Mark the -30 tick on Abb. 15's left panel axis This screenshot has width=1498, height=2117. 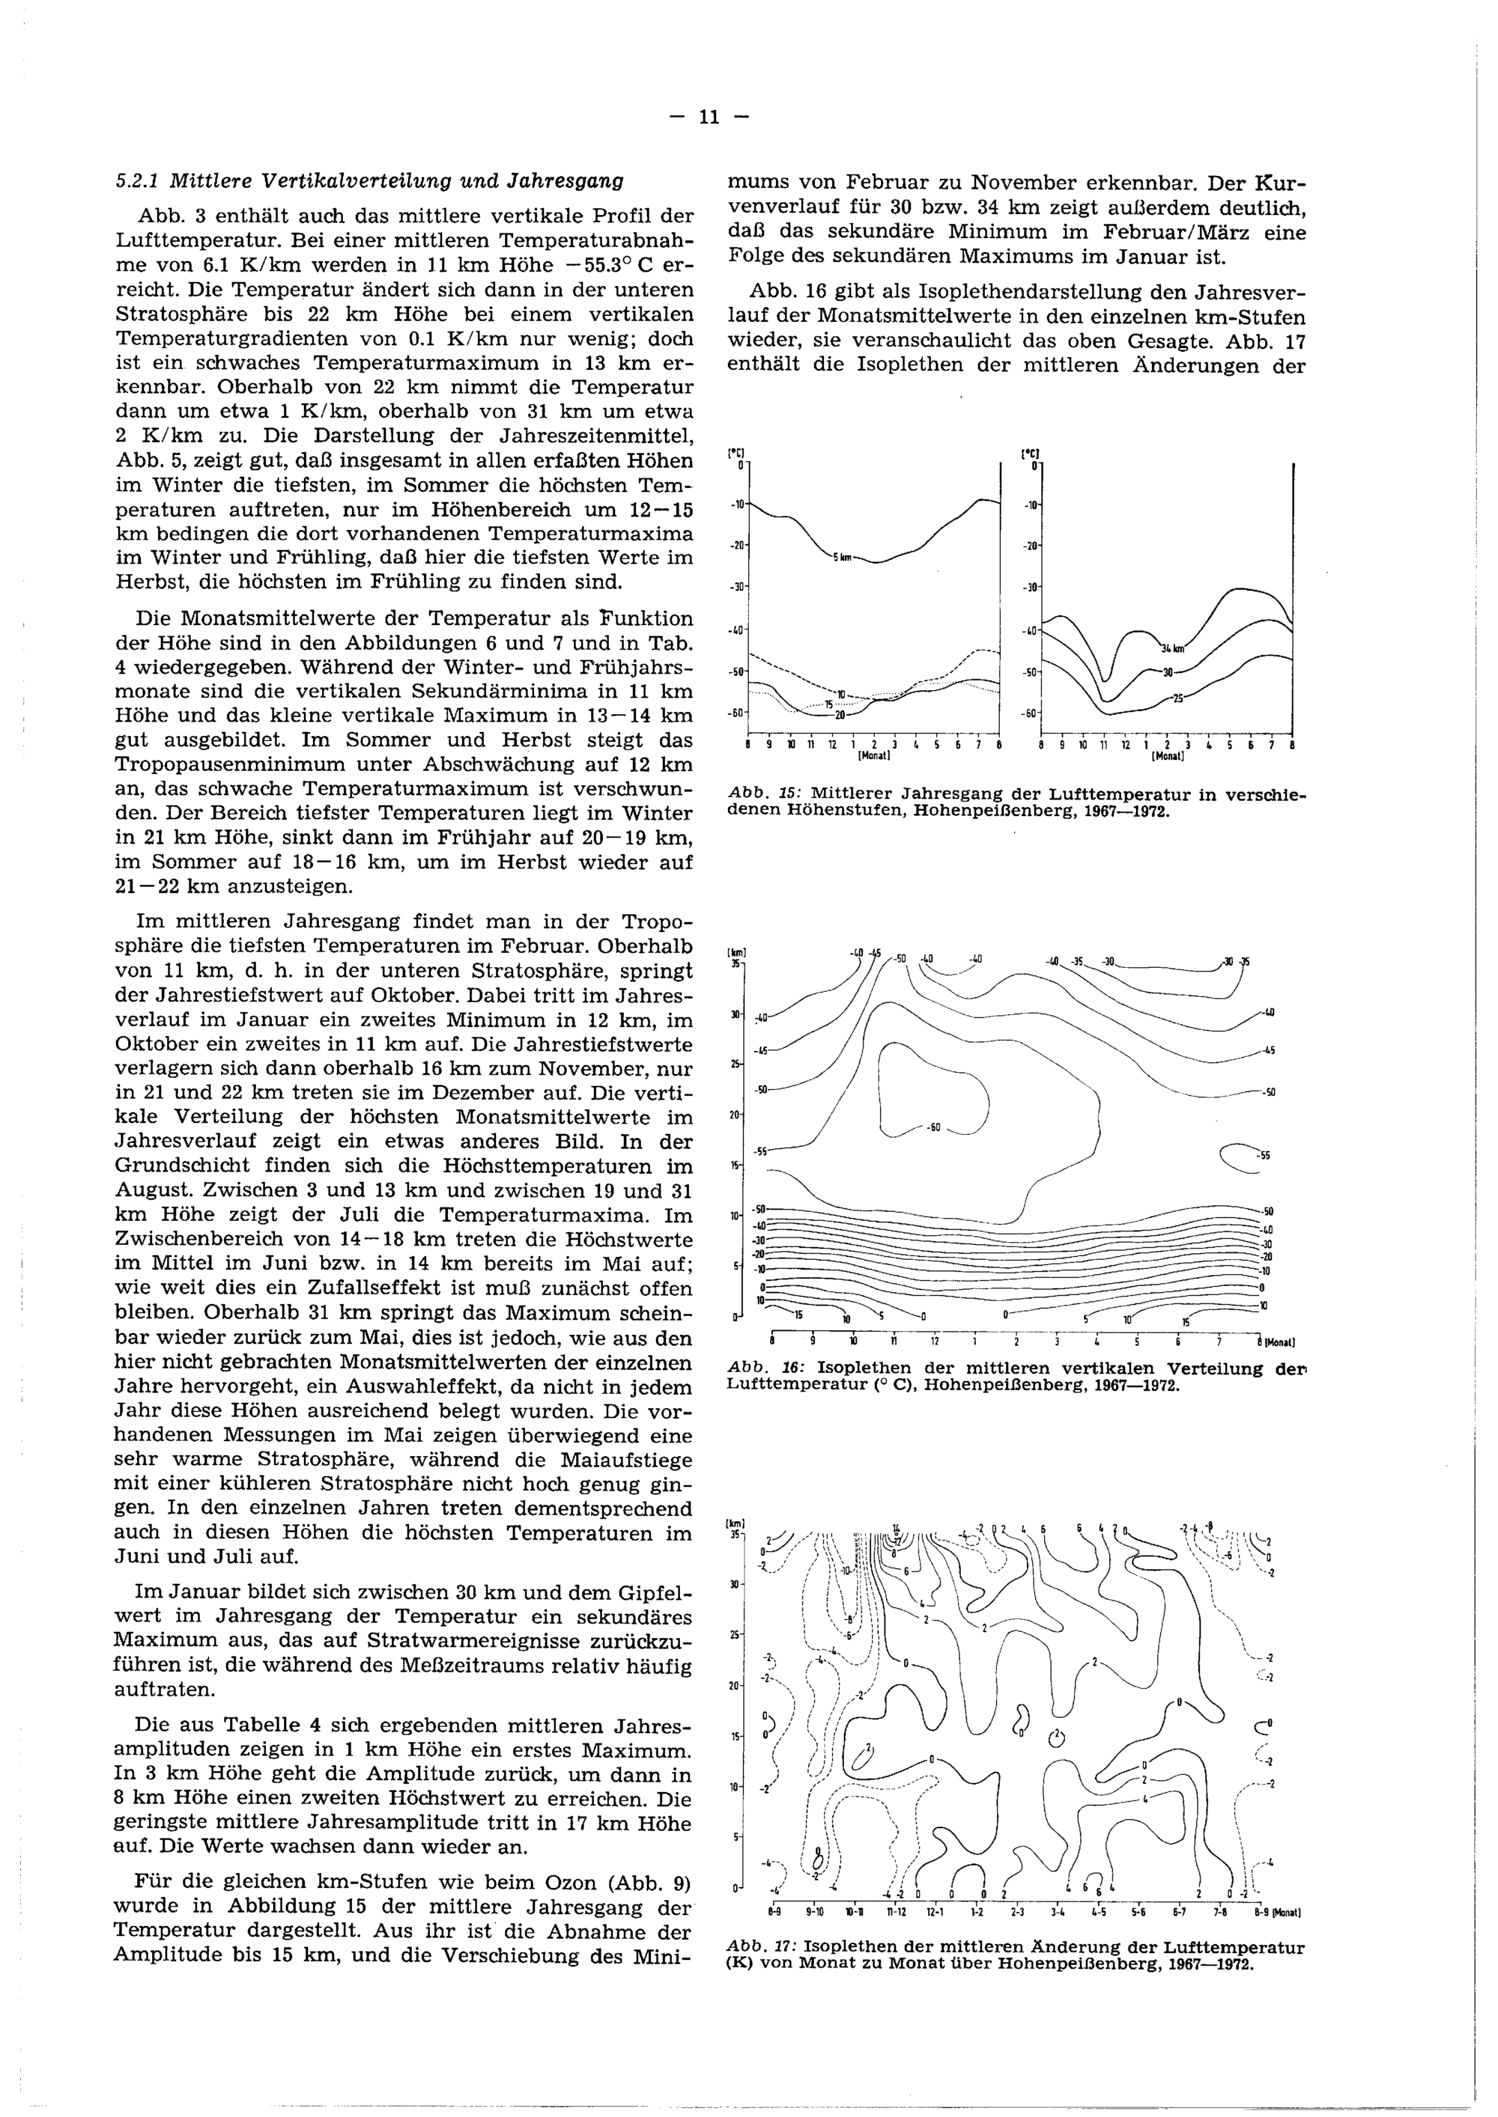(738, 588)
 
